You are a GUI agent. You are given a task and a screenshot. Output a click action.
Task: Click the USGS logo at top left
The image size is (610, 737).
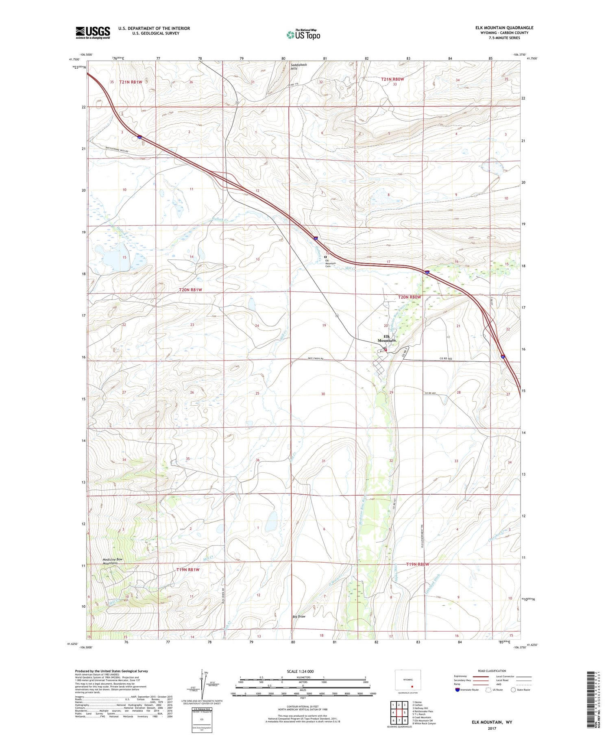click(x=93, y=33)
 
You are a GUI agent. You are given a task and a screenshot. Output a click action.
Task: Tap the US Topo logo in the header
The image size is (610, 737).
click(x=303, y=35)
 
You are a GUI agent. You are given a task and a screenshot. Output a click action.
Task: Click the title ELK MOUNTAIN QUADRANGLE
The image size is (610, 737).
click(x=504, y=28)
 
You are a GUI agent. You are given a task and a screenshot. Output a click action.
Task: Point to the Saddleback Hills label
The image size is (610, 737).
click(x=300, y=66)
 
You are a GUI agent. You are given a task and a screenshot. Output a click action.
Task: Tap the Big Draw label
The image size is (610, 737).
click(x=299, y=617)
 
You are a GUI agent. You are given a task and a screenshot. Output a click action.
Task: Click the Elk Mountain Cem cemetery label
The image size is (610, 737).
click(x=331, y=264)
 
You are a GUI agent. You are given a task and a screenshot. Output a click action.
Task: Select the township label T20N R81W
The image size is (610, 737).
click(x=190, y=290)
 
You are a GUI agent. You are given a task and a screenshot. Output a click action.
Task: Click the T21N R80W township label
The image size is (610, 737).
click(x=392, y=79)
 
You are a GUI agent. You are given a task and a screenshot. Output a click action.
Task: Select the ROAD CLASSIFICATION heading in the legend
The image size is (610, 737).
click(x=492, y=671)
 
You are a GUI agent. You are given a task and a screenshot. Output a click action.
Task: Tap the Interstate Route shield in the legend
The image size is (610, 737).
click(x=457, y=690)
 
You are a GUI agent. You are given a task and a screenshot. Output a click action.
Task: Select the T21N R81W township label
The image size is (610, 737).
click(x=131, y=82)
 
